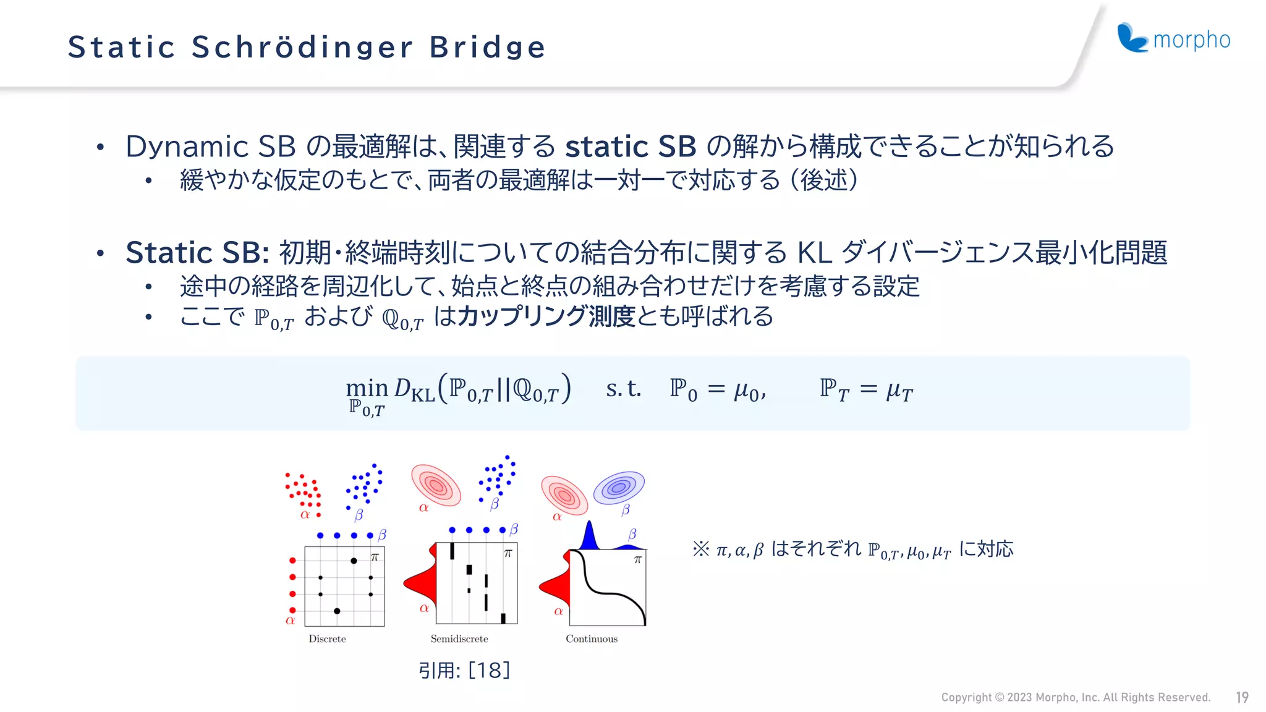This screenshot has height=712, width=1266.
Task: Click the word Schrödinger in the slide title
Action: point(302,48)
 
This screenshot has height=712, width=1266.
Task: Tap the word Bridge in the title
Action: point(488,48)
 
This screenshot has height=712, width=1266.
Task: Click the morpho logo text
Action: point(1191,40)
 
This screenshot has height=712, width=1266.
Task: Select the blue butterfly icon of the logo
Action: point(1132,38)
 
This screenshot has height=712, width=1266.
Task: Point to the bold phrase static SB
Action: point(631,147)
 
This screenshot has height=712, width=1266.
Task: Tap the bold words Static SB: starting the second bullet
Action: point(197,253)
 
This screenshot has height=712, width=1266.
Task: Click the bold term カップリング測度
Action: point(546,316)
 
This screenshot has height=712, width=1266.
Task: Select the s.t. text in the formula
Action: point(623,389)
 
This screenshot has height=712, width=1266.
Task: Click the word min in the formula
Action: point(367,388)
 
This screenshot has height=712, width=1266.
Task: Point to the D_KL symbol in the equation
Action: point(414,389)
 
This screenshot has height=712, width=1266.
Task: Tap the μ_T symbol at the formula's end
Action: point(899,391)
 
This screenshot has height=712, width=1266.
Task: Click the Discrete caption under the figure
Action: point(327,639)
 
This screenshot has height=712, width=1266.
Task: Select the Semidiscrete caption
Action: point(459,639)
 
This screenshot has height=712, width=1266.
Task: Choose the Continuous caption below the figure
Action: point(592,639)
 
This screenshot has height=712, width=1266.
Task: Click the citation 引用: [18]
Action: point(464,671)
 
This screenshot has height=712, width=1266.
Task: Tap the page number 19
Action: point(1242,698)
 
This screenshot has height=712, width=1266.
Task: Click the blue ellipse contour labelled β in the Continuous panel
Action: point(619,488)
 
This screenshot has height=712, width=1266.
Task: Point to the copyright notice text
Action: point(1076,698)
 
